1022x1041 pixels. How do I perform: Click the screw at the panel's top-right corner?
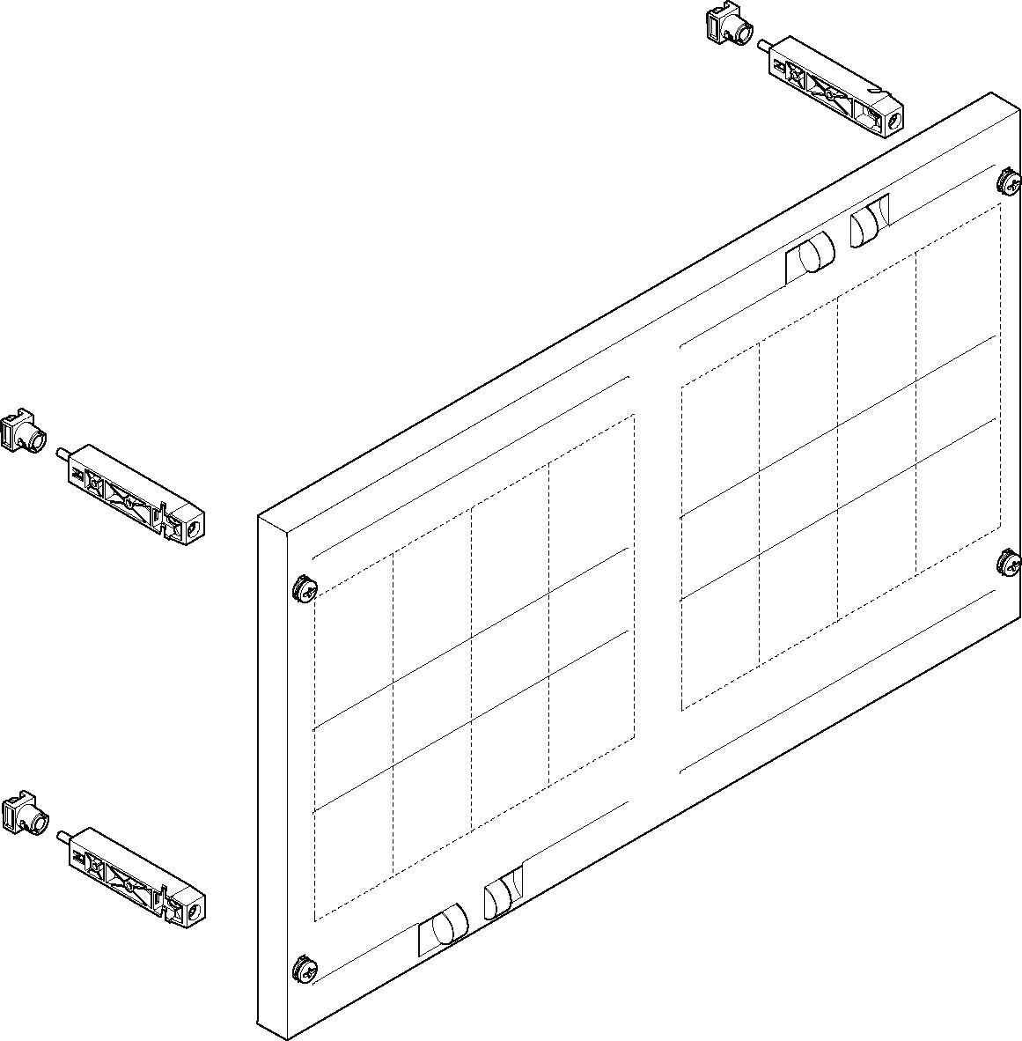coord(1009,183)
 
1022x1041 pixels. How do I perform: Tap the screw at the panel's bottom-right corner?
coord(1009,561)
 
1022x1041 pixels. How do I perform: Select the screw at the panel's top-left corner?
coord(304,589)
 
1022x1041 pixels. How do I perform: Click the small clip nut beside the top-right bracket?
coord(728,24)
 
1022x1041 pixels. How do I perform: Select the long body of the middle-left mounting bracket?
coord(132,495)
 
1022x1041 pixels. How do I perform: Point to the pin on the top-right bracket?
coord(764,44)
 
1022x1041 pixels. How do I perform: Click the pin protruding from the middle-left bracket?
coord(62,453)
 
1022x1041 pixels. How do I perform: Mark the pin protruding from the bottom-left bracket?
coord(62,835)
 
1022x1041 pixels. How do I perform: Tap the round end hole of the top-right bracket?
coord(891,122)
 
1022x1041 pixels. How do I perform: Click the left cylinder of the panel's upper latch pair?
coord(817,254)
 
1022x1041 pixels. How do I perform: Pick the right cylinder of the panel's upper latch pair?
coord(867,224)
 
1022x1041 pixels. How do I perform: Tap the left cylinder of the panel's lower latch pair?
coord(449,925)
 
